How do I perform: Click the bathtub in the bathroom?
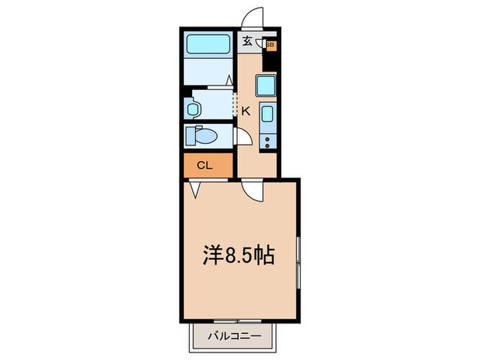click(209, 45)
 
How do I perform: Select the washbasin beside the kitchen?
click(192, 108)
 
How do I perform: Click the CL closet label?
click(205, 165)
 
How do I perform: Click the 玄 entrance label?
click(247, 40)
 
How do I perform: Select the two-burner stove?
click(267, 141)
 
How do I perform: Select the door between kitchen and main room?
click(252, 189)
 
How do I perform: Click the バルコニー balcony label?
click(232, 337)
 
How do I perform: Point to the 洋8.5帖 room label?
click(239, 256)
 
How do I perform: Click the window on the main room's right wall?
click(299, 261)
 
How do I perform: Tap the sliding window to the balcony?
click(233, 321)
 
